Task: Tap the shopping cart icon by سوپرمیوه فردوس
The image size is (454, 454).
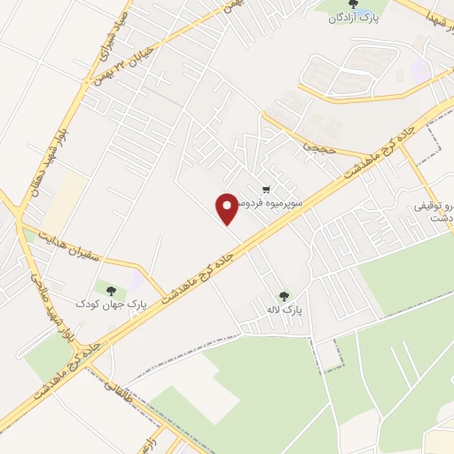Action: point(265,190)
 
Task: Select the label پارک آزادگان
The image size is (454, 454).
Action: point(355,19)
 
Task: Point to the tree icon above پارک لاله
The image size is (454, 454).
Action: point(284,296)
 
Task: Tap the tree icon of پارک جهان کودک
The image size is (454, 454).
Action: point(110,289)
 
